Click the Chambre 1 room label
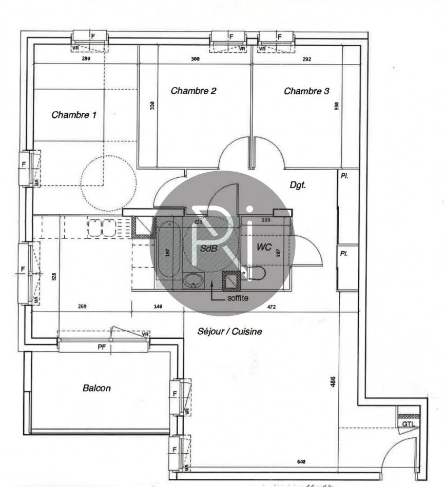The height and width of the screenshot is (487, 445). tap(74, 115)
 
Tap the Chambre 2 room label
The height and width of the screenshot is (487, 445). tap(193, 91)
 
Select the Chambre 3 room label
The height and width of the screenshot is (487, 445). tap(306, 91)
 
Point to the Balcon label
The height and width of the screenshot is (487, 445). tap(96, 388)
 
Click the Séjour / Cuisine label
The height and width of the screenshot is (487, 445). tap(230, 332)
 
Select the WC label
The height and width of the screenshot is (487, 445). tap(264, 246)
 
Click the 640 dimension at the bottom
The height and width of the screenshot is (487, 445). tap(301, 462)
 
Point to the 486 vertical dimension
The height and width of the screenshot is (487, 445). tap(333, 381)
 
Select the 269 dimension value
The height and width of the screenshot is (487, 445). tap(82, 307)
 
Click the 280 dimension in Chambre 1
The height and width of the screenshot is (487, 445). tap(86, 59)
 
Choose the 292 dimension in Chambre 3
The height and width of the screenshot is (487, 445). tap(306, 59)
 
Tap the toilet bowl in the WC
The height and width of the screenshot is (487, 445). tap(255, 273)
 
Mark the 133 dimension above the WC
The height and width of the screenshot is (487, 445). tap(266, 220)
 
